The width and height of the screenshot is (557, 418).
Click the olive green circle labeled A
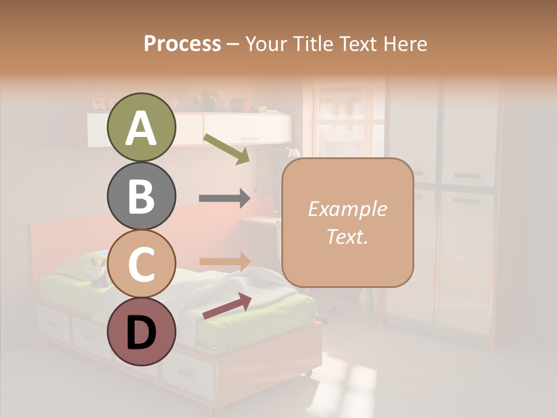click(x=141, y=128)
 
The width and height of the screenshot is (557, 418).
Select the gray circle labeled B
click(x=141, y=196)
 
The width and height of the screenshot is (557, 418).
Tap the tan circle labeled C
click(x=141, y=264)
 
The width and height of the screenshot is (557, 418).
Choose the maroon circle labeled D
click(x=141, y=331)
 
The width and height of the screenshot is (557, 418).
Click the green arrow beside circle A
click(x=226, y=149)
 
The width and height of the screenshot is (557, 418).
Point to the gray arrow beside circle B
click(x=225, y=198)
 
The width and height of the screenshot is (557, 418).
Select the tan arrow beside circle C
click(x=225, y=261)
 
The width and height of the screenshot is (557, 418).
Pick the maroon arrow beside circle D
click(x=227, y=306)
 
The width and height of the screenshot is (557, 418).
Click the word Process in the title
click(x=182, y=44)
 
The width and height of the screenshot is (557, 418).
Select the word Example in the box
click(x=347, y=209)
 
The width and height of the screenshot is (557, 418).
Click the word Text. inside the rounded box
click(x=347, y=237)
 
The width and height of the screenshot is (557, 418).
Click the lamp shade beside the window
click(x=294, y=153)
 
